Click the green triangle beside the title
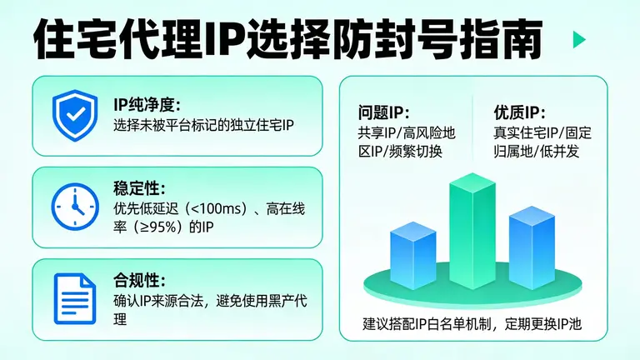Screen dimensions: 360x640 pyautogui.click(x=579, y=40)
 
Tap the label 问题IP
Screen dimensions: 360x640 pyautogui.click(x=384, y=112)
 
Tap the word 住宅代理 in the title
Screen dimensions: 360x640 pyautogui.click(x=98, y=40)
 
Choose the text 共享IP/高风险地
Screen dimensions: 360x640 pyautogui.click(x=407, y=132)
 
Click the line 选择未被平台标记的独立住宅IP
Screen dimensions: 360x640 pyautogui.click(x=204, y=126)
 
